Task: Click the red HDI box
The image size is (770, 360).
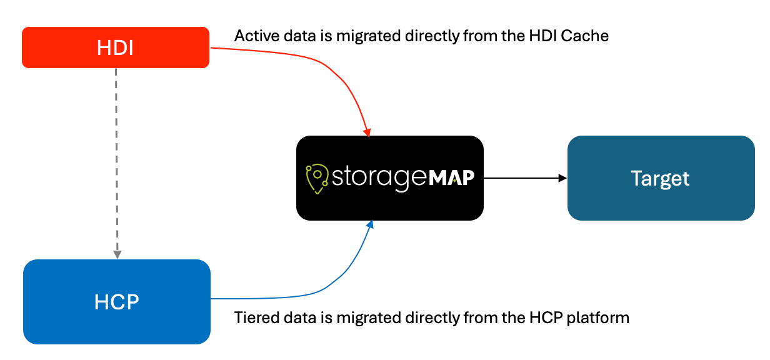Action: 116,47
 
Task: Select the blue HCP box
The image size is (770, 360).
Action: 117,301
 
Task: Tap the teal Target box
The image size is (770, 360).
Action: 661,178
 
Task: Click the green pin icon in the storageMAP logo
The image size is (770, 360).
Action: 317,179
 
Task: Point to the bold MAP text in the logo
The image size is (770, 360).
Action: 451,177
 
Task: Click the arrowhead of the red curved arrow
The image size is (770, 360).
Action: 367,132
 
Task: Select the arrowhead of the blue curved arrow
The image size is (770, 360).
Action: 370,224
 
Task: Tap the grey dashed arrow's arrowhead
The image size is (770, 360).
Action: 117,254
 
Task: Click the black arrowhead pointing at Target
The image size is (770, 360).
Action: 562,178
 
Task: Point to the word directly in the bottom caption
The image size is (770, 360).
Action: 432,318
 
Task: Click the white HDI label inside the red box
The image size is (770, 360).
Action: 115,47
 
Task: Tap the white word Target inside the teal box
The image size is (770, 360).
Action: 661,179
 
